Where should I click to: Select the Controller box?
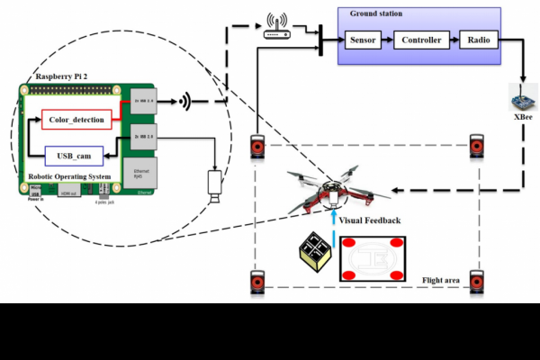tap(421, 40)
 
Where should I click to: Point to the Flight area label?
tap(441, 281)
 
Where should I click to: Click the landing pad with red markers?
tap(371, 259)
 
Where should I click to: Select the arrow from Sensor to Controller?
tap(390, 40)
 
